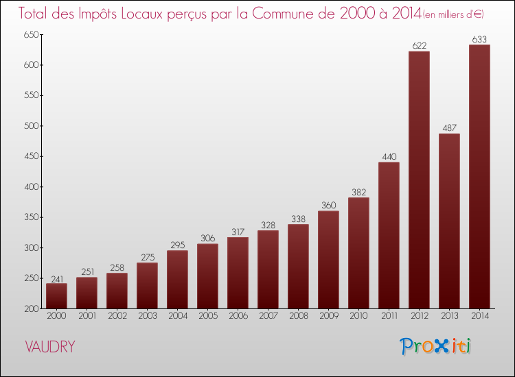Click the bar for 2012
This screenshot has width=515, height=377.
tap(419, 180)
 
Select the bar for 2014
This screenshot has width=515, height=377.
tap(479, 176)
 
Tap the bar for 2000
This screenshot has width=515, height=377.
tap(56, 295)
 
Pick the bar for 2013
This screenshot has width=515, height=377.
tap(449, 221)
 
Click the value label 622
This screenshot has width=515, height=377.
tap(419, 46)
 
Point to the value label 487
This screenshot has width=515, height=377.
tap(449, 128)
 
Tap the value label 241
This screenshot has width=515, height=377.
tap(56, 278)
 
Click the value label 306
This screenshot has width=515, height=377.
tap(207, 239)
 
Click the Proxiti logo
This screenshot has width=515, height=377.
tap(435, 346)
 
